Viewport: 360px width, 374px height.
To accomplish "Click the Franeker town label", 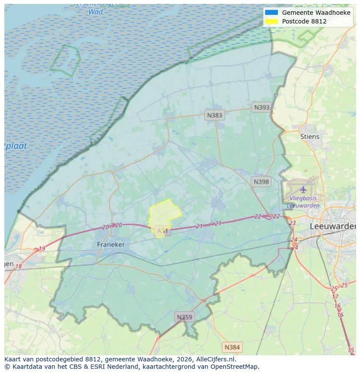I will [x=110, y=245].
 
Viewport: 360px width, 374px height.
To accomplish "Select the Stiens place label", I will [x=310, y=136].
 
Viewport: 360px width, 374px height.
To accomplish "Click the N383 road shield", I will [x=214, y=115].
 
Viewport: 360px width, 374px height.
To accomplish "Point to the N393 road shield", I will [x=262, y=107].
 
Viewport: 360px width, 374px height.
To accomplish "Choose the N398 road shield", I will [x=261, y=182].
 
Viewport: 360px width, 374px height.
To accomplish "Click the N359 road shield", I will [x=184, y=317].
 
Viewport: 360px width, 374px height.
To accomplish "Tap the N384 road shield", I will [x=232, y=347].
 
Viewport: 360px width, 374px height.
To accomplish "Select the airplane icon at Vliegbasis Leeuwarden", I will [x=303, y=189].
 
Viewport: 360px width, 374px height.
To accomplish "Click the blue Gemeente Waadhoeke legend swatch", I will [x=271, y=13].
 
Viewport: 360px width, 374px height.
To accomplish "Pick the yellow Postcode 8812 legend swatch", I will [x=271, y=21].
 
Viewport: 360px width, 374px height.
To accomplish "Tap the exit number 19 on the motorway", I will [x=42, y=249].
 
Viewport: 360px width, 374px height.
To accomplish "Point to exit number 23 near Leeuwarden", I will [x=292, y=223].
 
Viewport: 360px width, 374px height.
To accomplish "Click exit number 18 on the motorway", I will [x=18, y=266].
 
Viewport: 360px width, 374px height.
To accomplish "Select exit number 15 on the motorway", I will [x=351, y=350].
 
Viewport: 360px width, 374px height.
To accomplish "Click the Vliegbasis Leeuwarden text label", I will [x=303, y=202].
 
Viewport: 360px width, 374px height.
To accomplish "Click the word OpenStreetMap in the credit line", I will [x=236, y=367].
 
